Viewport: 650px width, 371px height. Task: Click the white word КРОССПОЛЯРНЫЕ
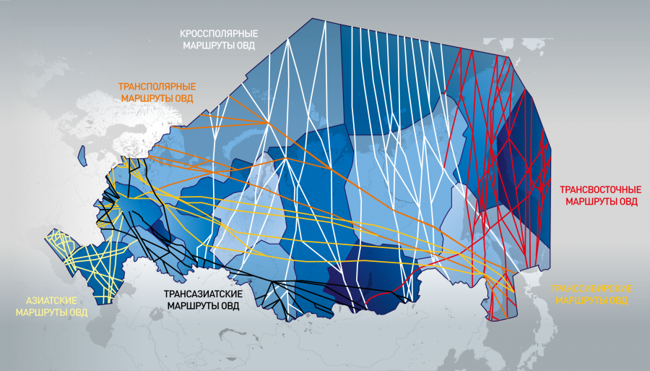[217, 34]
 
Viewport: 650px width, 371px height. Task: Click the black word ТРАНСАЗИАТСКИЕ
[203, 294]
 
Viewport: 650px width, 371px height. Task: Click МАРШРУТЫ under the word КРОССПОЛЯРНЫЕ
[207, 45]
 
